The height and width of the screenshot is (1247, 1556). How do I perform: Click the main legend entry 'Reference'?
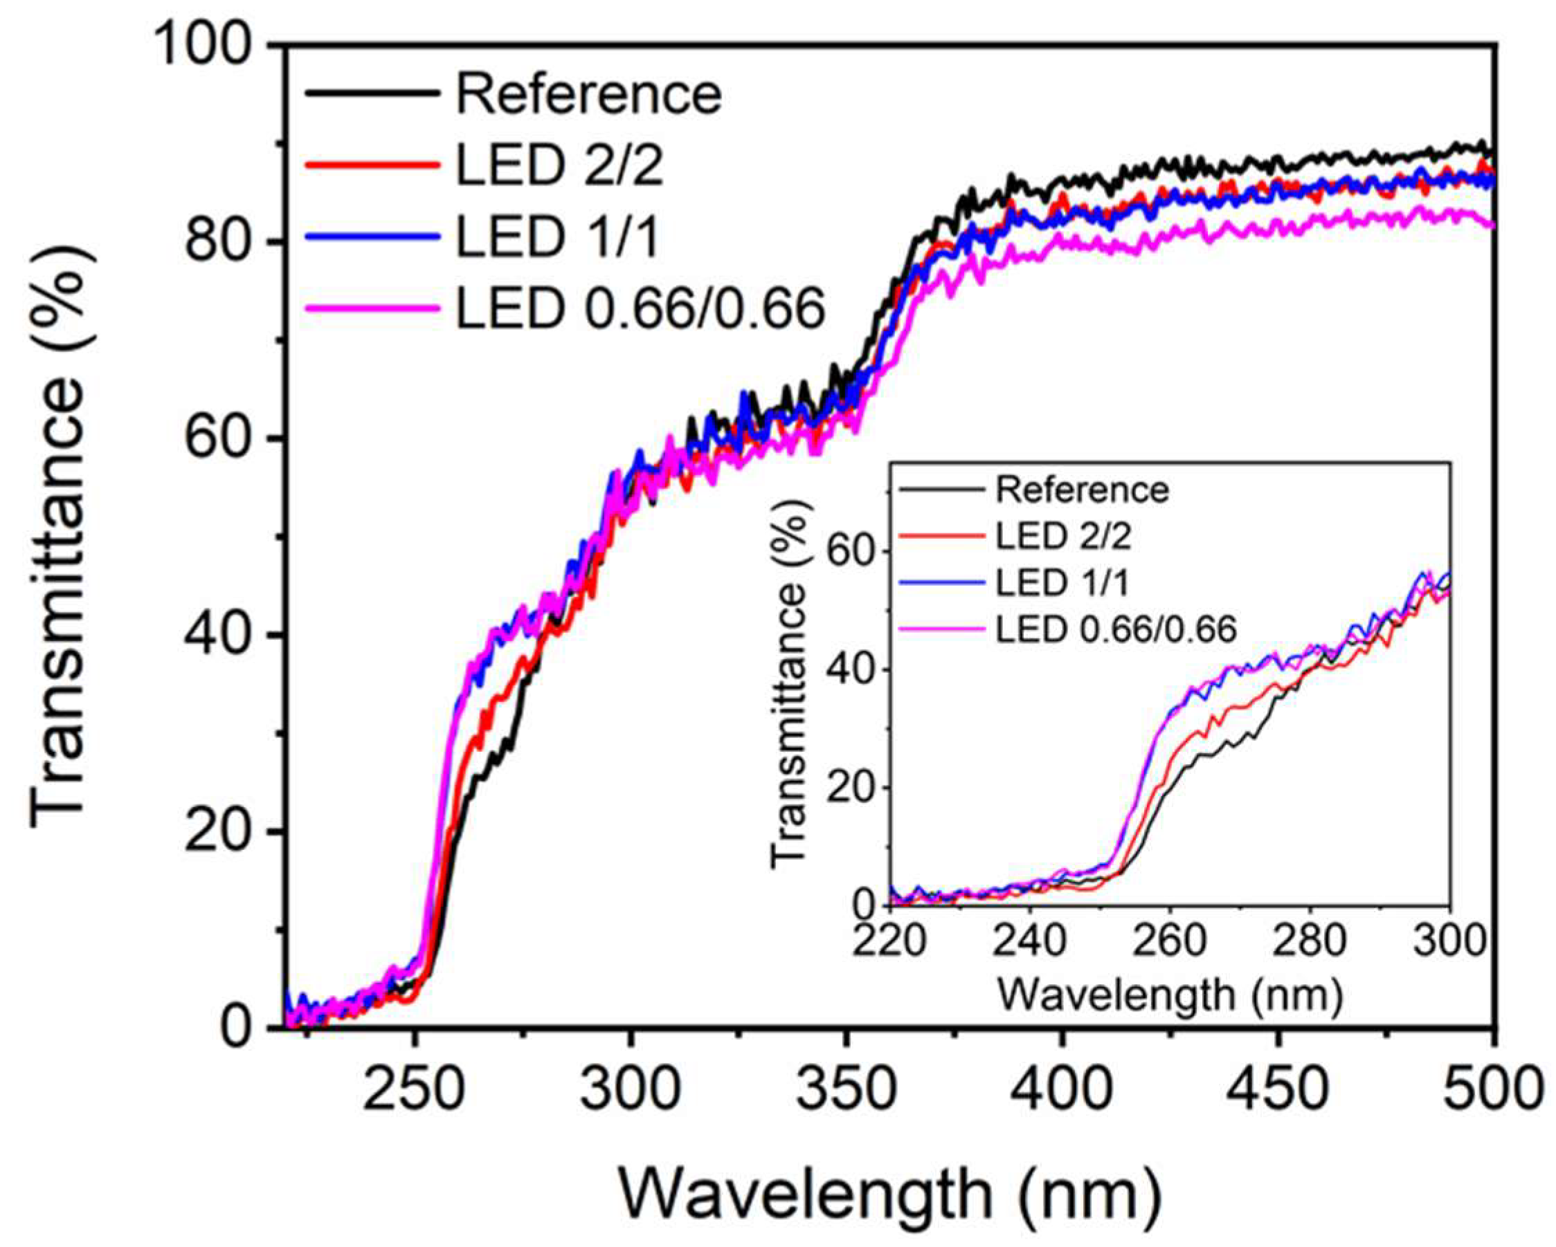pyautogui.click(x=588, y=95)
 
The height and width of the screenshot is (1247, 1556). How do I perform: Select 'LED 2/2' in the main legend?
pyautogui.click(x=559, y=166)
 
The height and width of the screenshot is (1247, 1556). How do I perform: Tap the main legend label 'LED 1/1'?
pyautogui.click(x=557, y=237)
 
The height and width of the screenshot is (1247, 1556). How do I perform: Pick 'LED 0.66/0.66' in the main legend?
pyautogui.click(x=640, y=308)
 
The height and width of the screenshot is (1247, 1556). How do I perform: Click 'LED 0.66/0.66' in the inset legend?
pyautogui.click(x=1116, y=629)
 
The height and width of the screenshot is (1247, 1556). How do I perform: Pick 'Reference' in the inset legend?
pyautogui.click(x=1082, y=490)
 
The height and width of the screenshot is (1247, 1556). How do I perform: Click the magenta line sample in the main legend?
pyautogui.click(x=372, y=308)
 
